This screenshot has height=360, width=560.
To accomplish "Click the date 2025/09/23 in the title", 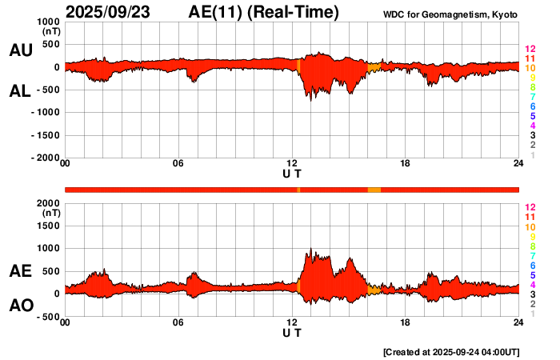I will [111, 12].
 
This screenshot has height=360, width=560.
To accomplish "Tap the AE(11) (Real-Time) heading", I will [263, 12].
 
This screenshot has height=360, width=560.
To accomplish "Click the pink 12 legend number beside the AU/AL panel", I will [530, 50].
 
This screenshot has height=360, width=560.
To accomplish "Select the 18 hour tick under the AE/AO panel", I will [406, 323].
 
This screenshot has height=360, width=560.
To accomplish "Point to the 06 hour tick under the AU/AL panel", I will [178, 164].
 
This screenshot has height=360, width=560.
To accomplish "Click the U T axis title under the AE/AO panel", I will [292, 333].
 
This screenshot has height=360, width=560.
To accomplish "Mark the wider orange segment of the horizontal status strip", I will [374, 189].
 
